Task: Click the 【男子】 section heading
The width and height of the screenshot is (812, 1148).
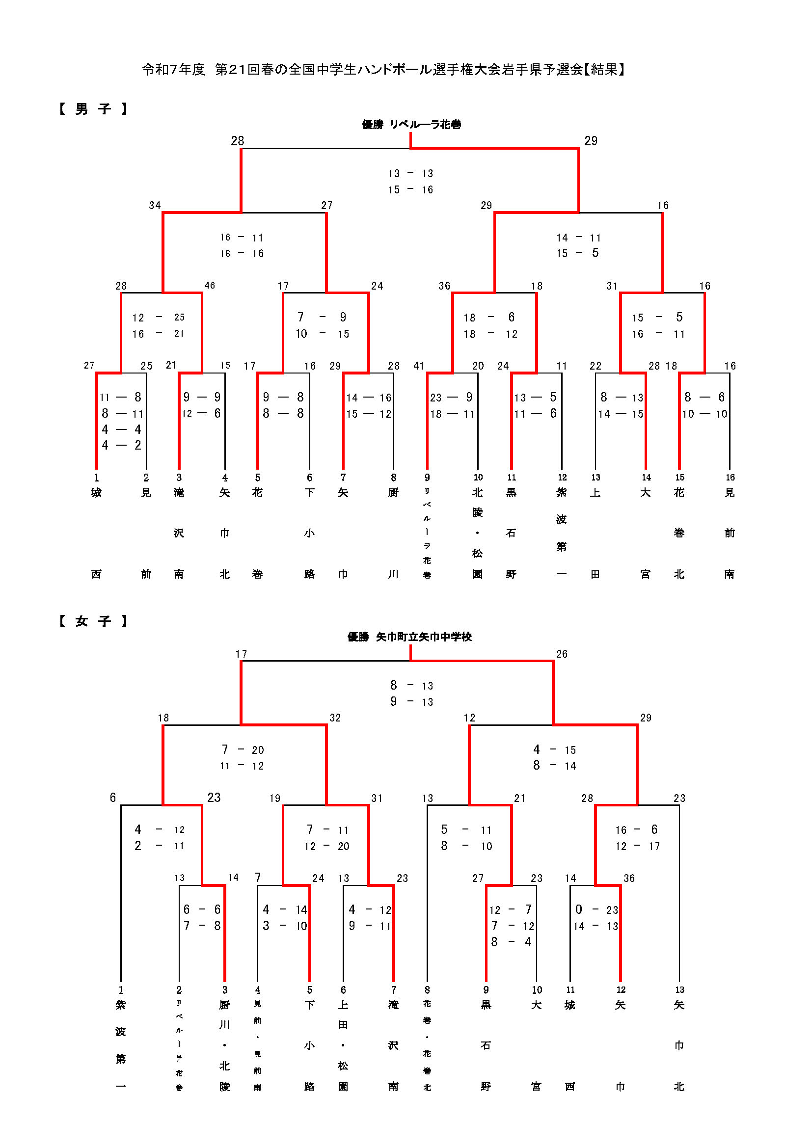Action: [93, 108]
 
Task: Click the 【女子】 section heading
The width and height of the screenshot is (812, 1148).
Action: [93, 621]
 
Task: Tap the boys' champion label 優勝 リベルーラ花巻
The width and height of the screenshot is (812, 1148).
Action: [411, 124]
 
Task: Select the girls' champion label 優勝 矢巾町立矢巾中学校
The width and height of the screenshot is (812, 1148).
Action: [409, 637]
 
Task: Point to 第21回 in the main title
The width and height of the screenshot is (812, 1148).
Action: [238, 69]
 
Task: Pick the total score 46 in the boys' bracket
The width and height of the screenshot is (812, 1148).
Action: [210, 286]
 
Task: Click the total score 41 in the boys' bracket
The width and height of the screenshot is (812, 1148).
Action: [418, 366]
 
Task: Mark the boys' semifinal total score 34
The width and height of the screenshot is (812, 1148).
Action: [155, 206]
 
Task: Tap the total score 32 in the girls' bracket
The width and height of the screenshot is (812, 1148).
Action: [335, 718]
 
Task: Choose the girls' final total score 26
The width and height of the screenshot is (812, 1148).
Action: [562, 654]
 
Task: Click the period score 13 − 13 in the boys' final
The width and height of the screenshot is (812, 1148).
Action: [410, 173]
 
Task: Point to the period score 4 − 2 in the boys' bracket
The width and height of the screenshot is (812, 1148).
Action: [121, 445]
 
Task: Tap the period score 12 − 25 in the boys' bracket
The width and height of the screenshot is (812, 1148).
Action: [159, 318]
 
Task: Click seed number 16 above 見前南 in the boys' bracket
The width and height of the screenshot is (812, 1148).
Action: [730, 478]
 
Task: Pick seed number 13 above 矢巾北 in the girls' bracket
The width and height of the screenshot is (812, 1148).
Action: [679, 990]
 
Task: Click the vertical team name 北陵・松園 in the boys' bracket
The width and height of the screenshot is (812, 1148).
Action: [478, 533]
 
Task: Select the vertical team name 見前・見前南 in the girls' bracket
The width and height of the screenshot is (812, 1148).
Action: [258, 1045]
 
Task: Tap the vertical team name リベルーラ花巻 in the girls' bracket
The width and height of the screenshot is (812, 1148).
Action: [179, 1045]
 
